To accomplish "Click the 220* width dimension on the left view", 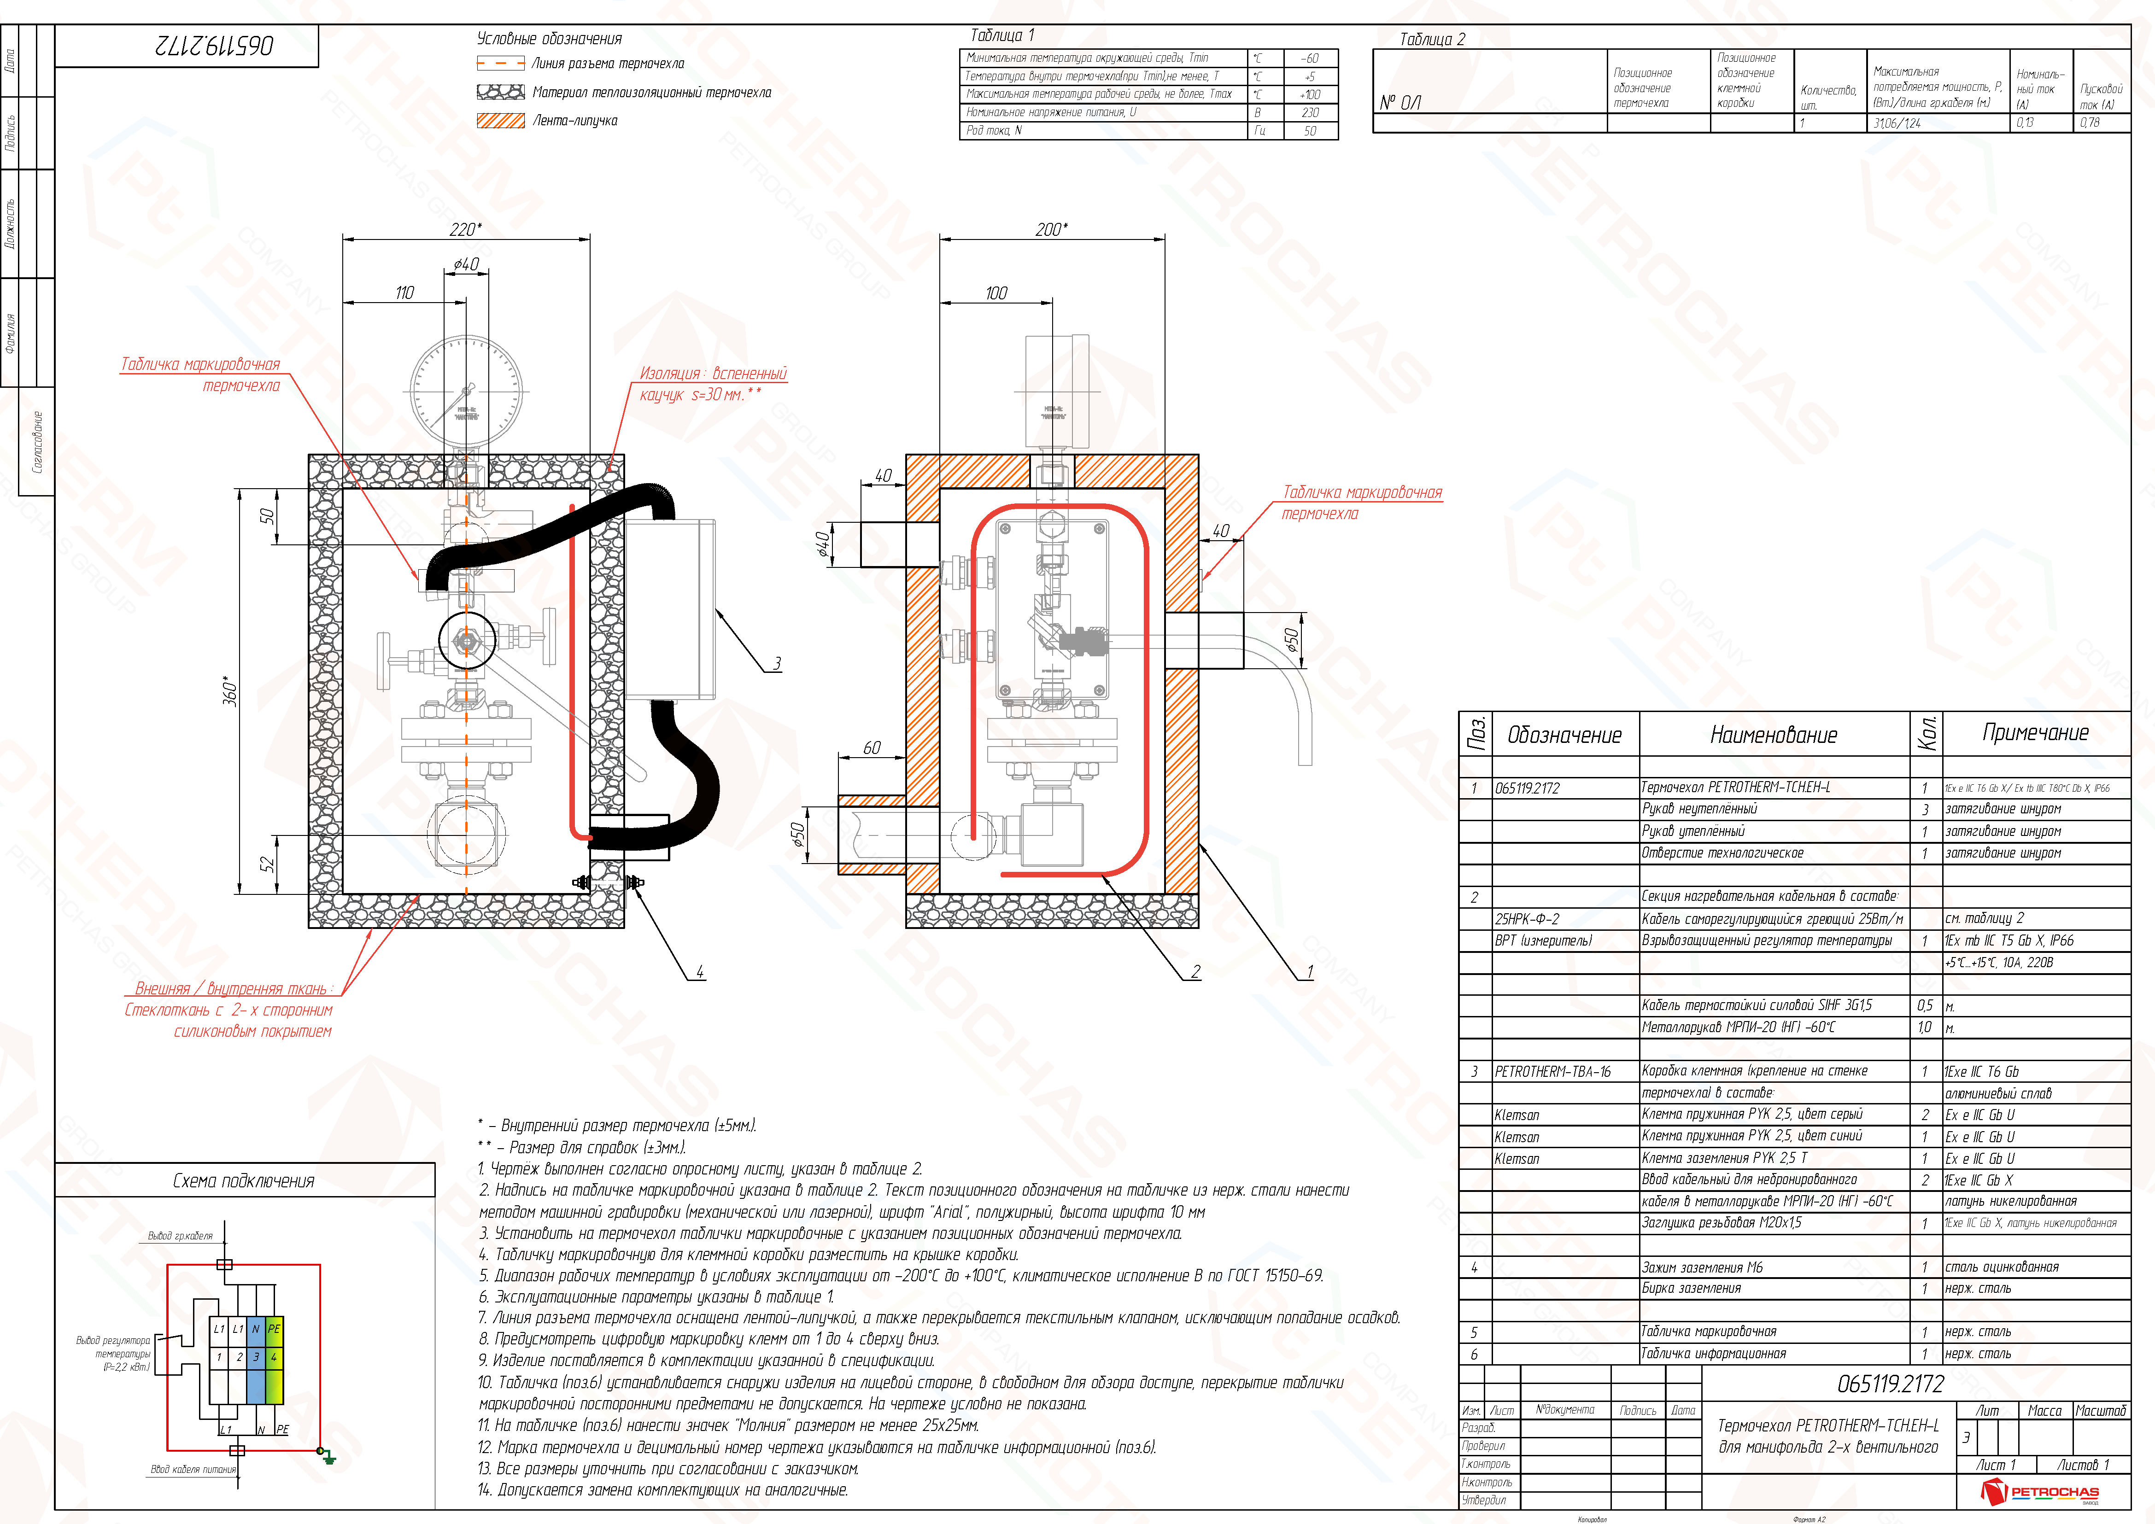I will (466, 229).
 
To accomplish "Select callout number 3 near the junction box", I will (777, 664).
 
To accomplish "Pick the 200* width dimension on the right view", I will (1051, 229).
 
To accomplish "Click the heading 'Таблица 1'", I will (1001, 35).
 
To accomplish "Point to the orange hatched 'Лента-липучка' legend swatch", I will (500, 120).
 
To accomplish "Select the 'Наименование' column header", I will (1773, 735).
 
